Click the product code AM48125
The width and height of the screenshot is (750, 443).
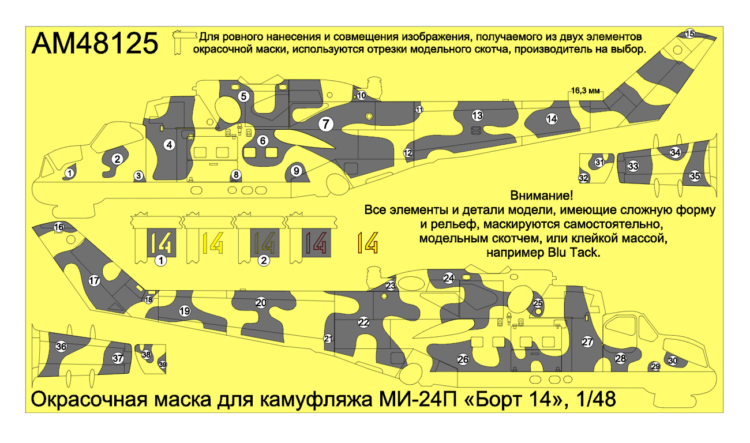[x=95, y=43]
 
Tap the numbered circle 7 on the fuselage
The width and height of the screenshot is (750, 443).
[x=325, y=123]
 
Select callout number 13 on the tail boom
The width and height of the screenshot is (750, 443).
[x=477, y=115]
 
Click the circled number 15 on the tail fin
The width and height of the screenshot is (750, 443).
[x=690, y=34]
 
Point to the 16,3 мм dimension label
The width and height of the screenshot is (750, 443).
[x=586, y=91]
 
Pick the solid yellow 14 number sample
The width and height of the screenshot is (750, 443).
[x=213, y=242]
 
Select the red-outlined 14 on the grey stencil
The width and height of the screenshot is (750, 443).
[x=316, y=242]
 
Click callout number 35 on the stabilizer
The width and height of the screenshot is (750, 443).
[x=695, y=175]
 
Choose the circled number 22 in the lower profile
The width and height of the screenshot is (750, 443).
[x=363, y=322]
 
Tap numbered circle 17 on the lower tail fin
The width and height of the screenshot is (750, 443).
[x=95, y=281]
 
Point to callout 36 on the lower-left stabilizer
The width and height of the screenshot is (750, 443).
[x=61, y=347]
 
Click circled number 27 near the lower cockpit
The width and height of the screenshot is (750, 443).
[x=587, y=341]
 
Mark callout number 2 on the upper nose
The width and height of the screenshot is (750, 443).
[x=117, y=159]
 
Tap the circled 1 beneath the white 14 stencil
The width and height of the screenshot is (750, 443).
[x=161, y=261]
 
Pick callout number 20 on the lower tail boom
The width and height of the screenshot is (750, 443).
[x=261, y=302]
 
